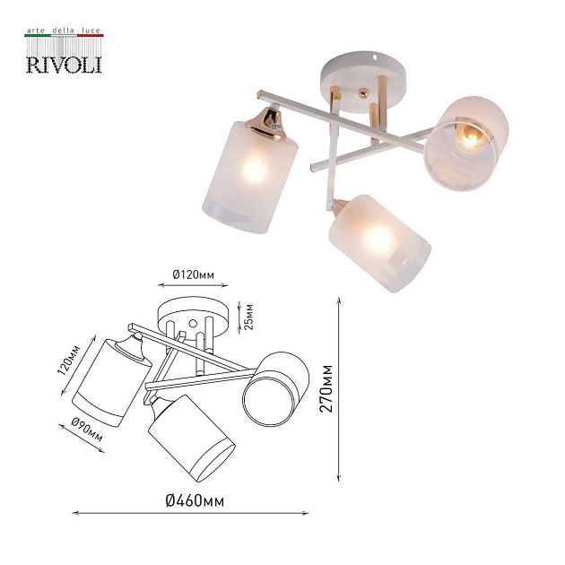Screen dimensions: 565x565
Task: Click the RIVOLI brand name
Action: point(62,63)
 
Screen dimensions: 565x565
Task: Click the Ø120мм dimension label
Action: point(195,274)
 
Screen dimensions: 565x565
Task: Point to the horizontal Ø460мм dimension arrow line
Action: point(189,514)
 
